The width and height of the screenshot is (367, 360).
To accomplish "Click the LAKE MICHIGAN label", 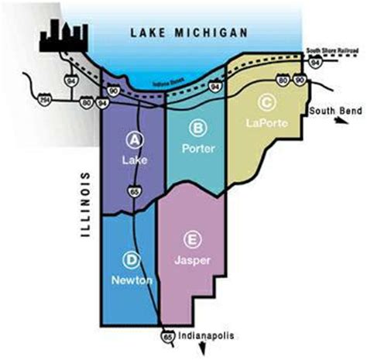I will pos(189,33).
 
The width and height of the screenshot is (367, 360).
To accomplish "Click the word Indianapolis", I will pos(204,337).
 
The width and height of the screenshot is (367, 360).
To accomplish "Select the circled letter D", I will pos(133,258).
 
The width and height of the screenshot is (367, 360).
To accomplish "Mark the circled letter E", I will pos(192,240).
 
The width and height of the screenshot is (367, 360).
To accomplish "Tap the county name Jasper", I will pos(192,261).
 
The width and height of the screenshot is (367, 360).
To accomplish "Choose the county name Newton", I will pos(132,279).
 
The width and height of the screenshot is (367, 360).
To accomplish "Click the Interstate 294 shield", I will pos(38,99).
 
